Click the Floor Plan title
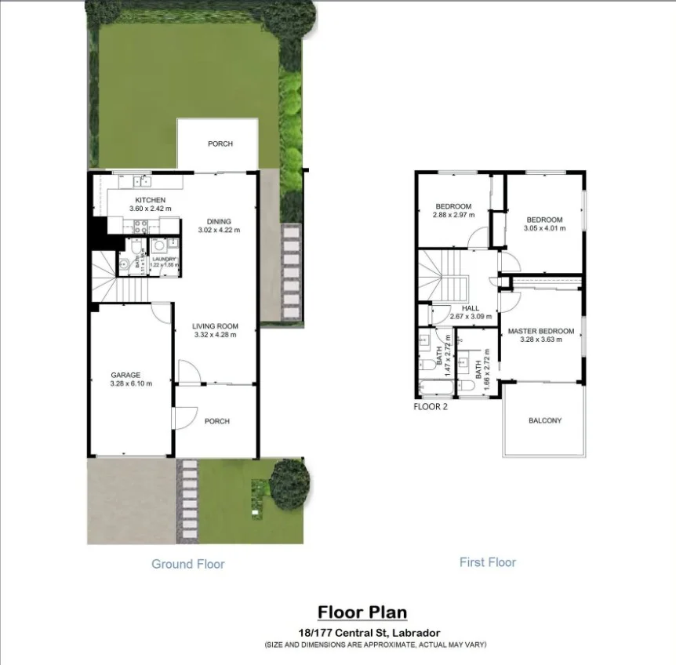[x=362, y=612]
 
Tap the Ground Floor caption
[x=188, y=564]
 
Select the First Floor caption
[x=488, y=561]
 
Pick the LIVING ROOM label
[x=216, y=326]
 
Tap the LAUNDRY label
[x=165, y=259]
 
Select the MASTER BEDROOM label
[x=541, y=331]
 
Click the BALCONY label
[x=545, y=420]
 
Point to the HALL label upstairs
[x=471, y=308]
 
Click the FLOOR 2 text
[x=431, y=407]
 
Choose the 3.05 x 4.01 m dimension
[x=544, y=229]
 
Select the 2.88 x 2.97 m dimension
[x=453, y=216]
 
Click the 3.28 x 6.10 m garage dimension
[x=130, y=383]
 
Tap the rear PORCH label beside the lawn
[x=220, y=144]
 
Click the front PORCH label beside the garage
[x=216, y=421]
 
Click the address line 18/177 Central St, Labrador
[x=362, y=632]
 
